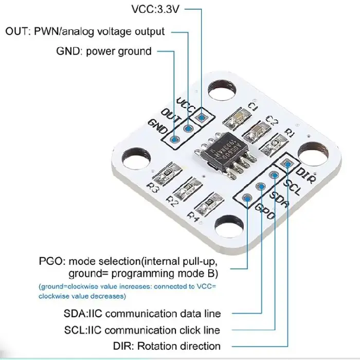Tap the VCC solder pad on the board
[x=202, y=117]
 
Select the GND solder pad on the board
[x=174, y=139]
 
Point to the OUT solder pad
[x=188, y=128]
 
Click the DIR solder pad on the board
[x=288, y=165]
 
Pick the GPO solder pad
[x=247, y=197]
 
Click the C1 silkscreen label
[x=253, y=106]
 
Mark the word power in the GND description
[x=103, y=51]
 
